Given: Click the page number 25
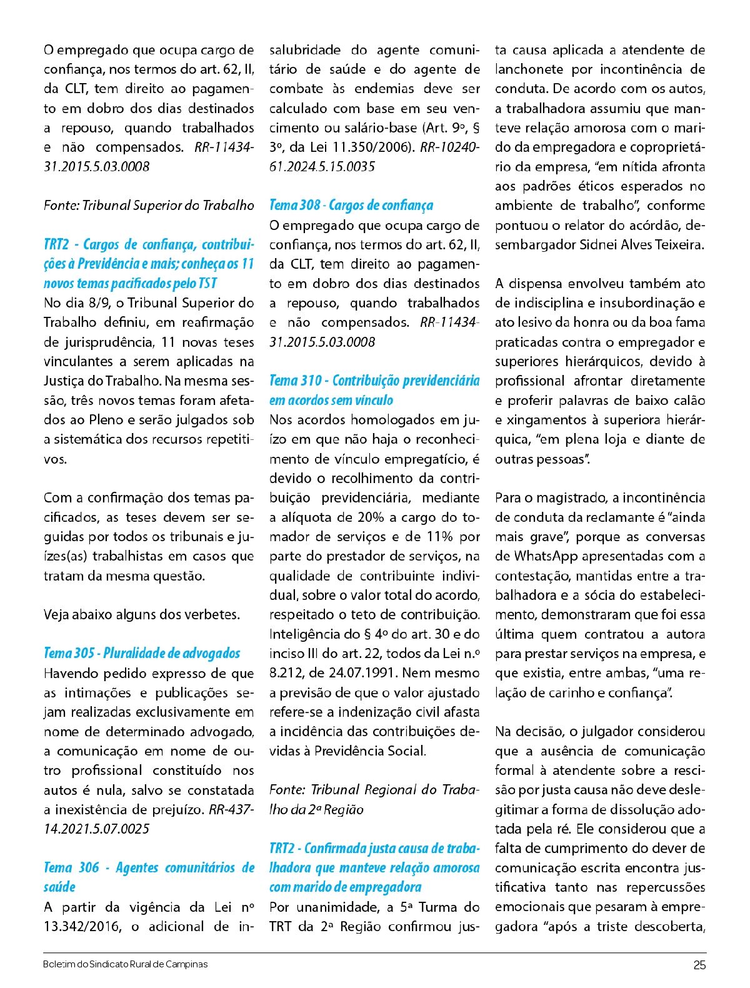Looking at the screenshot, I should (x=699, y=965).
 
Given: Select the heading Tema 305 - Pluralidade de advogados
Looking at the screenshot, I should (x=142, y=654).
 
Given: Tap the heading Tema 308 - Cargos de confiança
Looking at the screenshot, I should (x=351, y=206).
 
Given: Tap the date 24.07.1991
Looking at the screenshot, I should (x=361, y=673).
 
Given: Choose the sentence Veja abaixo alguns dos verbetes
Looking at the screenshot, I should (x=142, y=615).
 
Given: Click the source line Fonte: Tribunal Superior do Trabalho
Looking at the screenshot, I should (x=149, y=206).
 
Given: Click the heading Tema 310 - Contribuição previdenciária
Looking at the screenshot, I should (x=374, y=381).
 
